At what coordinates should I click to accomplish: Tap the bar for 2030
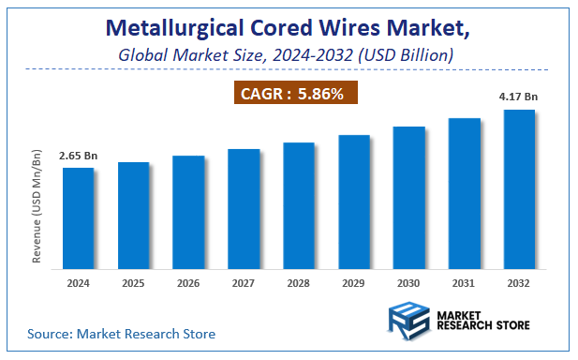click(x=408, y=197)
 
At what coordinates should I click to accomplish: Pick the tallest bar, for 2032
click(x=519, y=188)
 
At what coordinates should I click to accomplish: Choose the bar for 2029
click(x=353, y=202)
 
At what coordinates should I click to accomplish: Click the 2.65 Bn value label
click(x=78, y=156)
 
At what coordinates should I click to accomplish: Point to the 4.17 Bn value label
click(x=519, y=97)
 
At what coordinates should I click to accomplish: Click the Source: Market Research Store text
click(x=121, y=333)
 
